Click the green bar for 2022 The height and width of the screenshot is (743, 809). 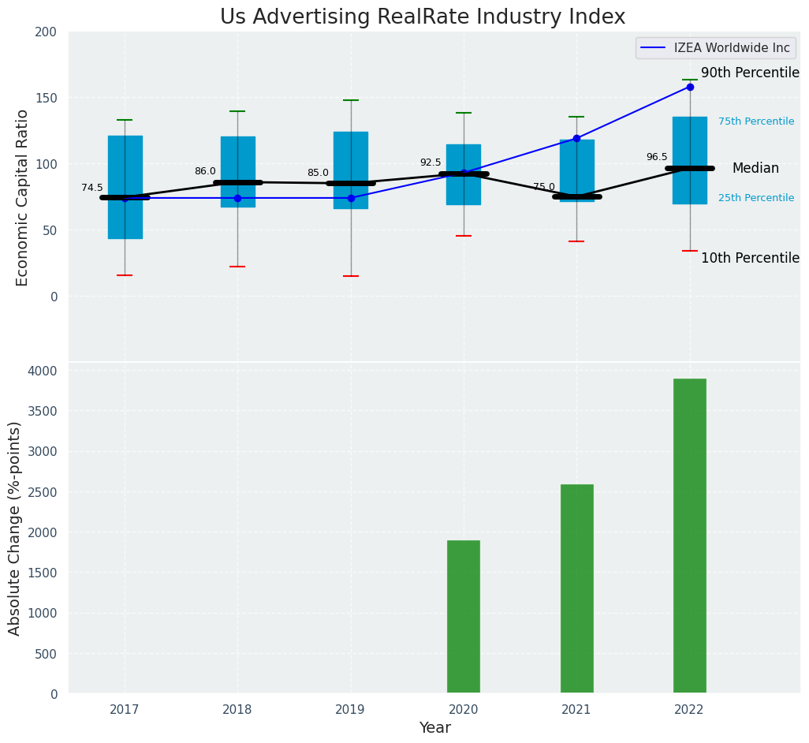click(x=689, y=536)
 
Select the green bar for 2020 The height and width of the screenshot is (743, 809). click(x=464, y=616)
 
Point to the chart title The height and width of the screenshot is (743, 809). click(x=423, y=17)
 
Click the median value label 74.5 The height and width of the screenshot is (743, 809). click(x=92, y=188)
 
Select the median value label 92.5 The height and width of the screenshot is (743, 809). click(x=431, y=162)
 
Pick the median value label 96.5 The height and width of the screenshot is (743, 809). click(x=657, y=157)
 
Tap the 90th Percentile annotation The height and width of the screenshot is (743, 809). click(x=750, y=73)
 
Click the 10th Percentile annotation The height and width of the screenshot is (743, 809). click(x=750, y=258)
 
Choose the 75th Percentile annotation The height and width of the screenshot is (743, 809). click(x=756, y=121)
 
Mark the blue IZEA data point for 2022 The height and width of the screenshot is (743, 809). click(x=690, y=87)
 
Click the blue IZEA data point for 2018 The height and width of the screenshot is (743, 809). click(x=237, y=198)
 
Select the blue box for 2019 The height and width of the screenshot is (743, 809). click(x=351, y=158)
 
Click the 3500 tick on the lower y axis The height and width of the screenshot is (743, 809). click(x=43, y=411)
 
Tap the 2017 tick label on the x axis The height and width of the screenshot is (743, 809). click(x=125, y=710)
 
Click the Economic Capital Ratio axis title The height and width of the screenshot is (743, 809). click(x=22, y=197)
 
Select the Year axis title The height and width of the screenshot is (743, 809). click(x=434, y=728)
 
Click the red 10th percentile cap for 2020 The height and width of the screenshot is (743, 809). click(x=464, y=236)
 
